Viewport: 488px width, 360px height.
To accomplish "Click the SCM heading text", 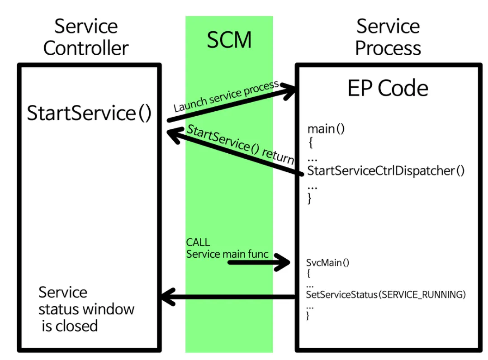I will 229,40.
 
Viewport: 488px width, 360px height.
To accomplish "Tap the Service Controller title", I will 86,37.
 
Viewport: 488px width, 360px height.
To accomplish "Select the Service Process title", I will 388,37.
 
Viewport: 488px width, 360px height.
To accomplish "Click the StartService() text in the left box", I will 89,113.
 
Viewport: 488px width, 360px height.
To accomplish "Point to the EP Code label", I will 388,88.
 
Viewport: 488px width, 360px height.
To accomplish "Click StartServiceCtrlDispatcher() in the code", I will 386,171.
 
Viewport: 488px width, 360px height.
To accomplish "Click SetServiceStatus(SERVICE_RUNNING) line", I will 386,295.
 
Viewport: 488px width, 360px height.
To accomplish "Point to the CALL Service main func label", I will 227,249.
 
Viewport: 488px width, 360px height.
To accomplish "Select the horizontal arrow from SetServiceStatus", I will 228,297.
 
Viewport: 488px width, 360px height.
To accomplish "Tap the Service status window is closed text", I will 86,309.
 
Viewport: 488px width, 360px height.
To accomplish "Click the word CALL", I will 198,242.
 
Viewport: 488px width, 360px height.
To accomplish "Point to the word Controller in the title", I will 86,48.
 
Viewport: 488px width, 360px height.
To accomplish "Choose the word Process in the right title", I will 388,48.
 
